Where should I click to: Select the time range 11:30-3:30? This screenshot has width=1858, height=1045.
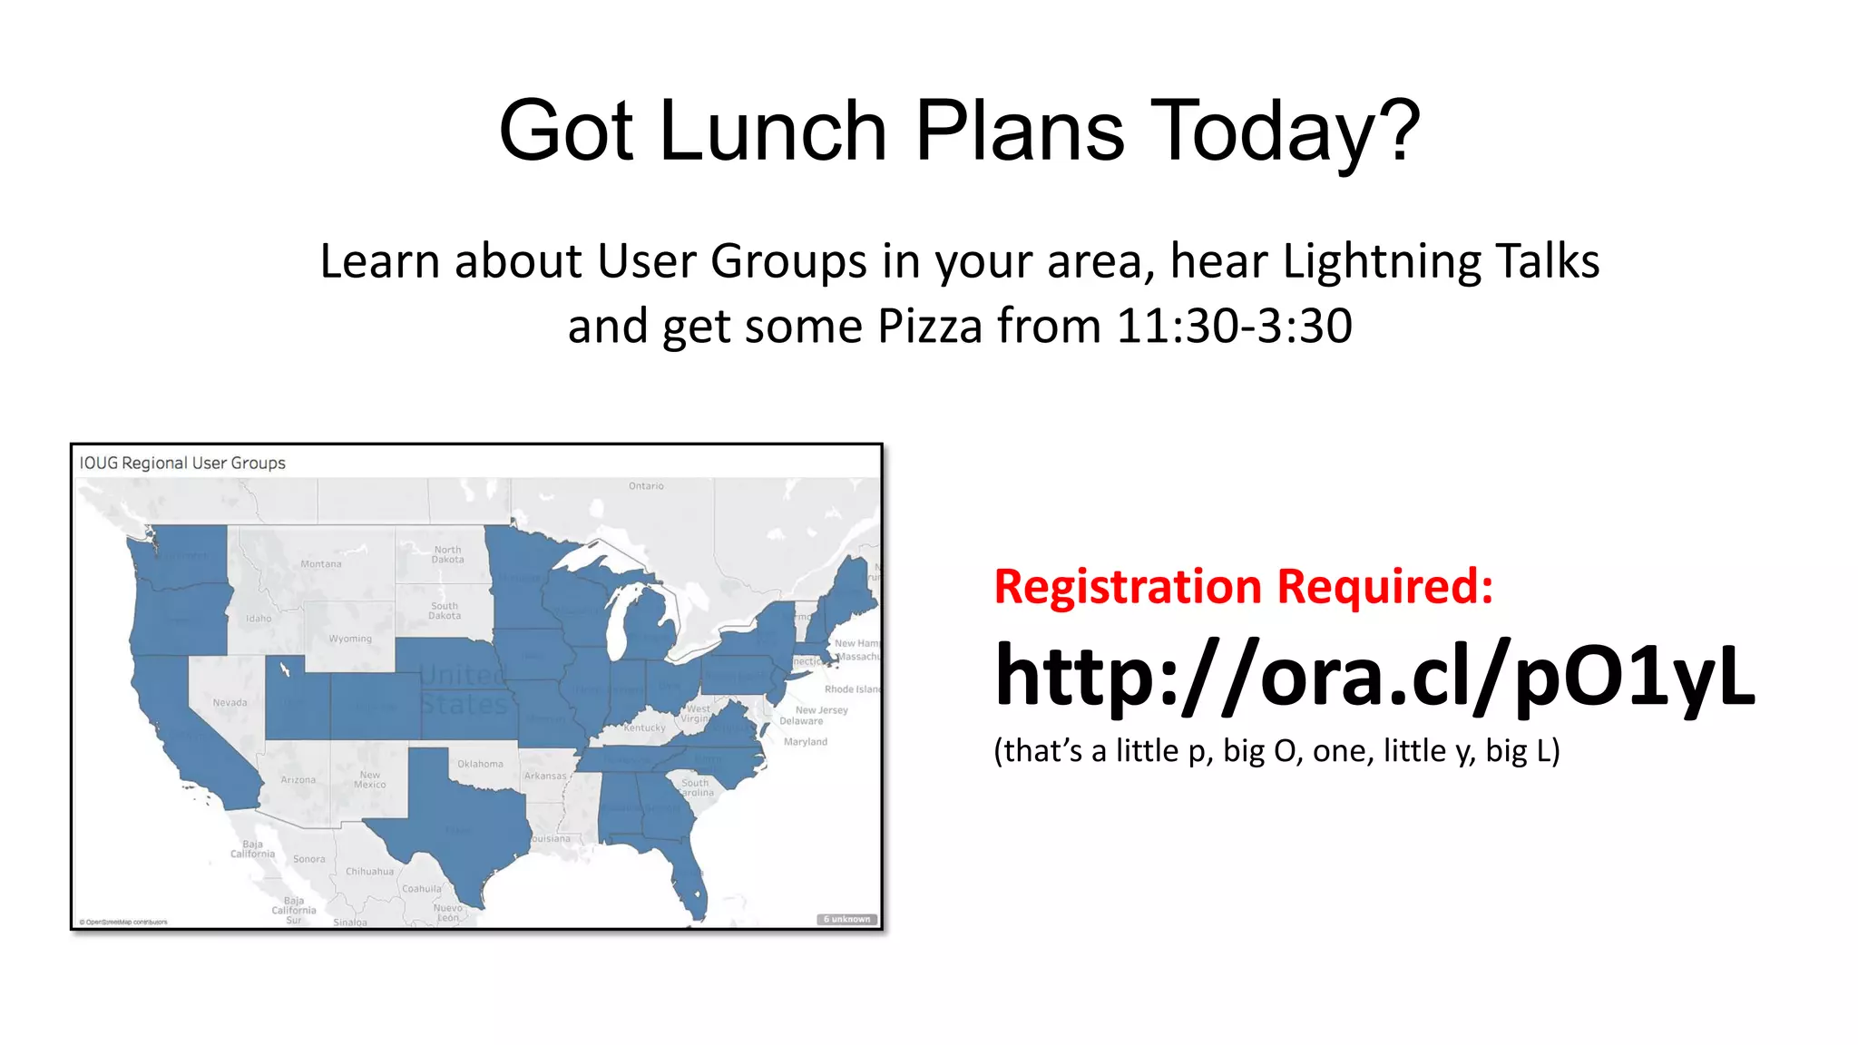[1234, 326]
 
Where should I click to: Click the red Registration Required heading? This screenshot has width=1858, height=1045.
[1243, 586]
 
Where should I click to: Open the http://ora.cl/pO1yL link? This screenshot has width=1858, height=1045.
[1374, 676]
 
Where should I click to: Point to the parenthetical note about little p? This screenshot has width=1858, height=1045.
[1276, 751]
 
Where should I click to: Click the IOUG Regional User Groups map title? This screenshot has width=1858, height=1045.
[182, 463]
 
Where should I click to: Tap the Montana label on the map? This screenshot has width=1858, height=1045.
[321, 564]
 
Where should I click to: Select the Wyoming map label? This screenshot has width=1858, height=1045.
[350, 639]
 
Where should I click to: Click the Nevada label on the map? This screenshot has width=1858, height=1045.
[230, 702]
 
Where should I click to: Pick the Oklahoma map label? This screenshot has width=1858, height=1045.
[480, 764]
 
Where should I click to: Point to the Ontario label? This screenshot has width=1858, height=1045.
[646, 486]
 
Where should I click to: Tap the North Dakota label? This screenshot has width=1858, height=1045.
[447, 554]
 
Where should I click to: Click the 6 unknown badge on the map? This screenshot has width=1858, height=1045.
[847, 919]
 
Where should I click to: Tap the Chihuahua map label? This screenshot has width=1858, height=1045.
[369, 872]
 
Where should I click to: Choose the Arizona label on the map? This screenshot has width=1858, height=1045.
[298, 780]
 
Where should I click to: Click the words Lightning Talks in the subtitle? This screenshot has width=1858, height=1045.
[1441, 261]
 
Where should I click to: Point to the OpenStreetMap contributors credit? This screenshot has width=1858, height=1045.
[123, 922]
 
